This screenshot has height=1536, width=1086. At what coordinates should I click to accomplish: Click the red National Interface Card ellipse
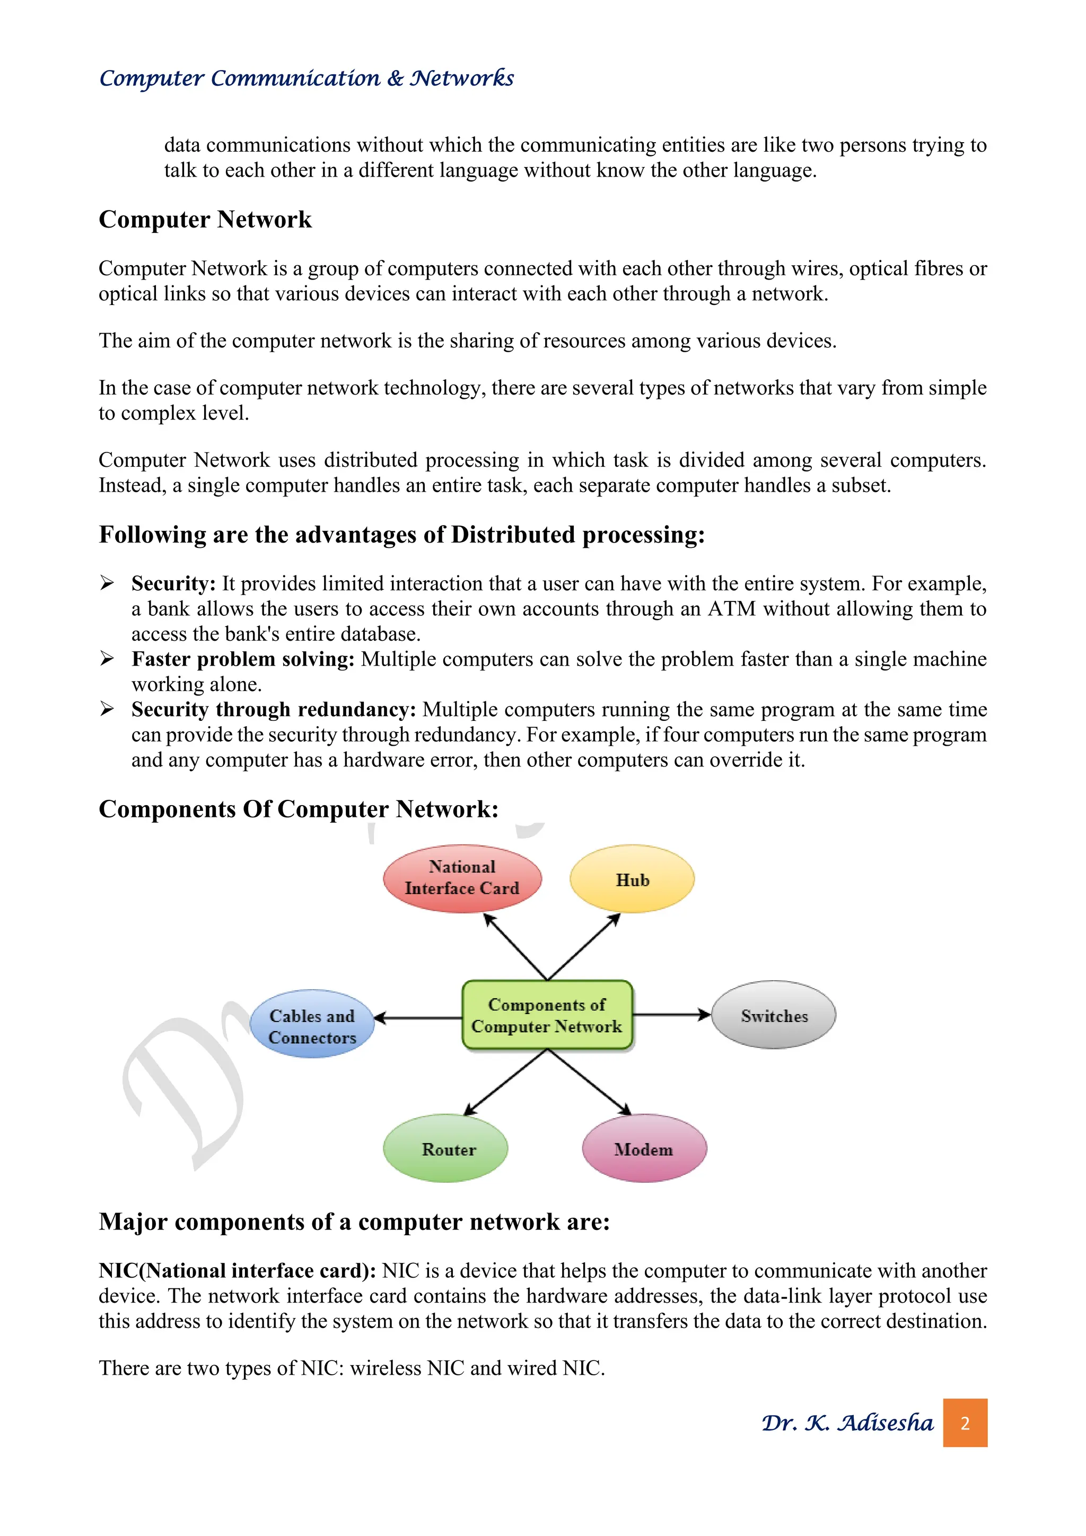462,878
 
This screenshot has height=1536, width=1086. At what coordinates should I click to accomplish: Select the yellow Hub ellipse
632,879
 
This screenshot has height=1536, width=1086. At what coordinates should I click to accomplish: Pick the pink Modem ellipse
644,1149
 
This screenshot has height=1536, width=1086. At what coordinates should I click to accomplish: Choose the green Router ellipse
445,1149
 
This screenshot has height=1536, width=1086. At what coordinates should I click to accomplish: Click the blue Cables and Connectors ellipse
312,1024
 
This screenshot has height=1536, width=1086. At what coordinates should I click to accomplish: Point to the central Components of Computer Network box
547,1015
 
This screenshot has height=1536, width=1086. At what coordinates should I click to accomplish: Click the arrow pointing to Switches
671,1015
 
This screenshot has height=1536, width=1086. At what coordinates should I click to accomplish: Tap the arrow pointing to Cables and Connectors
418,1018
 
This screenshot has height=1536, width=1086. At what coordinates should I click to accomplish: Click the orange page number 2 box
965,1423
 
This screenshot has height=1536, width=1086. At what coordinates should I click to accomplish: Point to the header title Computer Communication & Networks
306,78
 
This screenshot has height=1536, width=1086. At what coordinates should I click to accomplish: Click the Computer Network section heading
205,220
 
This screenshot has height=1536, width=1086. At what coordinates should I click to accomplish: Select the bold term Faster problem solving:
243,659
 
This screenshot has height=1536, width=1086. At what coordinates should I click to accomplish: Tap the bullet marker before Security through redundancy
107,709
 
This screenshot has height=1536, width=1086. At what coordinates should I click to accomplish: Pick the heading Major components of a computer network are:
354,1221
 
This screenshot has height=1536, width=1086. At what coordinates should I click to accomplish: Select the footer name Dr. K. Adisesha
847,1423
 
